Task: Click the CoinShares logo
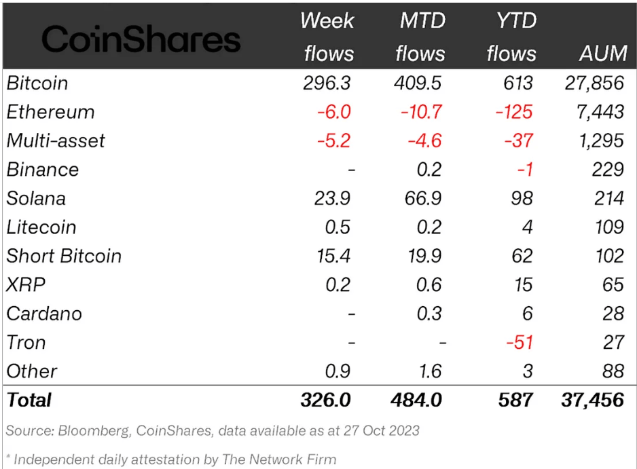tap(141, 39)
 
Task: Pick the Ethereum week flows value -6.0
tap(333, 112)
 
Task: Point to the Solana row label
tap(37, 198)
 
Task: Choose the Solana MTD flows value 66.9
tap(421, 198)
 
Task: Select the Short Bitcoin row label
tap(65, 256)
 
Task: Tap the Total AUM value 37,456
tap(593, 400)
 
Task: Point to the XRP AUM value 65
tap(613, 284)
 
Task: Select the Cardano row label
tap(44, 314)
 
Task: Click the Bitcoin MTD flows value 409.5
tap(418, 83)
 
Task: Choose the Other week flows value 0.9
tap(338, 371)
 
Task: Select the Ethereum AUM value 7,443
tap(600, 112)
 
